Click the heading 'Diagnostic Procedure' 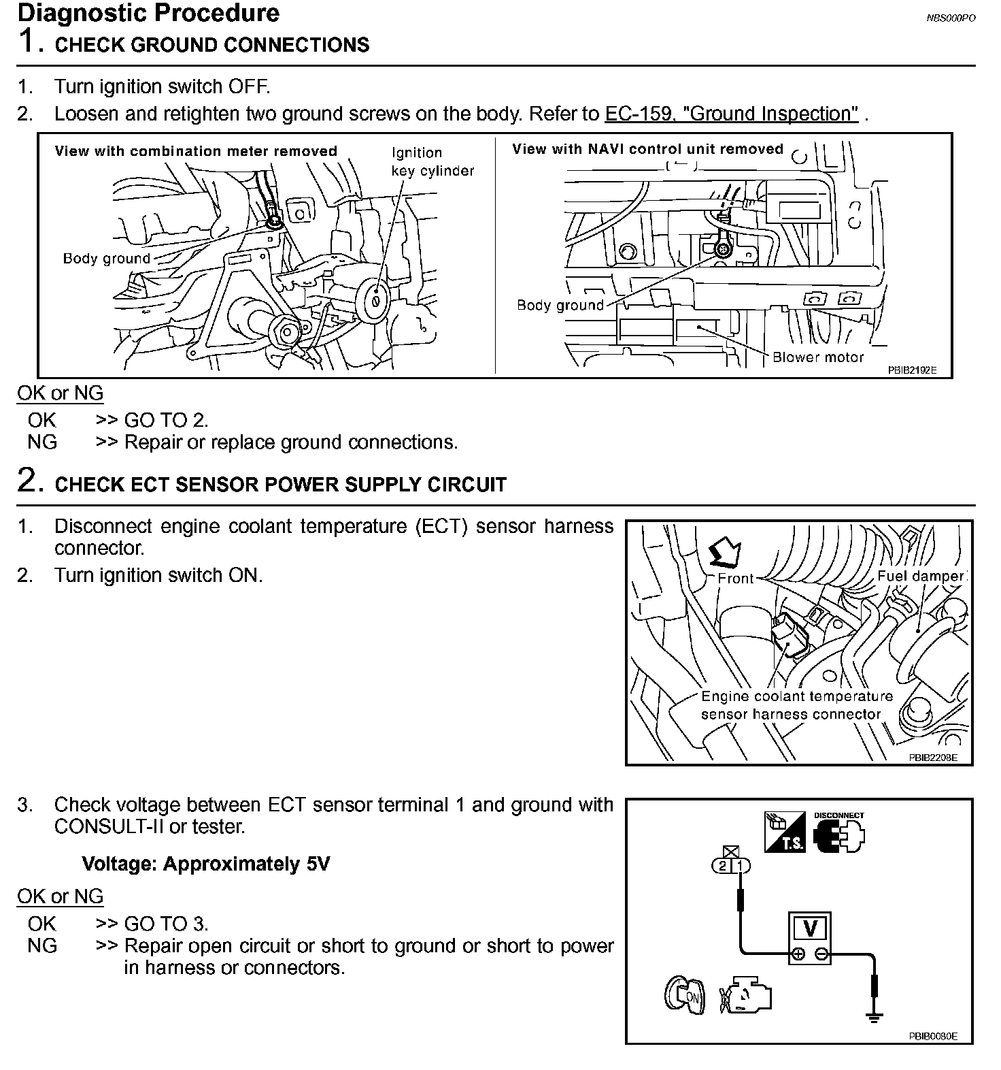pyautogui.click(x=148, y=14)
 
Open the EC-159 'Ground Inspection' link pyautogui.click(x=731, y=114)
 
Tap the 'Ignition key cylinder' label pyautogui.click(x=432, y=162)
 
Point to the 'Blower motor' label pyautogui.click(x=817, y=357)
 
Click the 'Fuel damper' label pyautogui.click(x=920, y=577)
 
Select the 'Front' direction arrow pyautogui.click(x=725, y=553)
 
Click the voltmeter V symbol pyautogui.click(x=809, y=928)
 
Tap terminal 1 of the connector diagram pyautogui.click(x=741, y=866)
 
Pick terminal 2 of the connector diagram pyautogui.click(x=722, y=866)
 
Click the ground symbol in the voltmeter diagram pyautogui.click(x=874, y=1018)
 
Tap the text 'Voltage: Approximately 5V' pyautogui.click(x=205, y=864)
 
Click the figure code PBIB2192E pyautogui.click(x=911, y=370)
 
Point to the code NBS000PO pyautogui.click(x=950, y=18)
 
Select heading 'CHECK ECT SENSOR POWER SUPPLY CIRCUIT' pyautogui.click(x=280, y=485)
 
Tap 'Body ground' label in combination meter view pyautogui.click(x=106, y=259)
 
